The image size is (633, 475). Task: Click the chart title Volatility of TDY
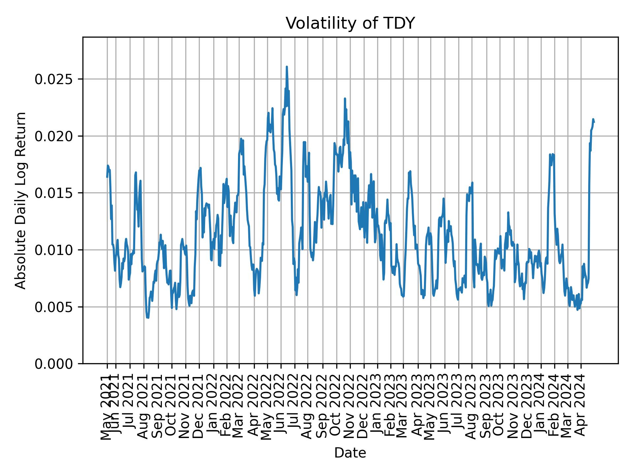pyautogui.click(x=350, y=23)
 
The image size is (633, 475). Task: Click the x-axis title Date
pyautogui.click(x=350, y=453)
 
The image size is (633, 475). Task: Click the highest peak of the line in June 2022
pyautogui.click(x=287, y=67)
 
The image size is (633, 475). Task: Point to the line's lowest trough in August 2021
pyautogui.click(x=148, y=318)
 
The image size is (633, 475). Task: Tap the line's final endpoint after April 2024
pyautogui.click(x=594, y=122)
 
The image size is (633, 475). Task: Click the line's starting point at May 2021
pyautogui.click(x=107, y=177)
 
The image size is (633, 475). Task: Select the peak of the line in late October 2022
pyautogui.click(x=345, y=98)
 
